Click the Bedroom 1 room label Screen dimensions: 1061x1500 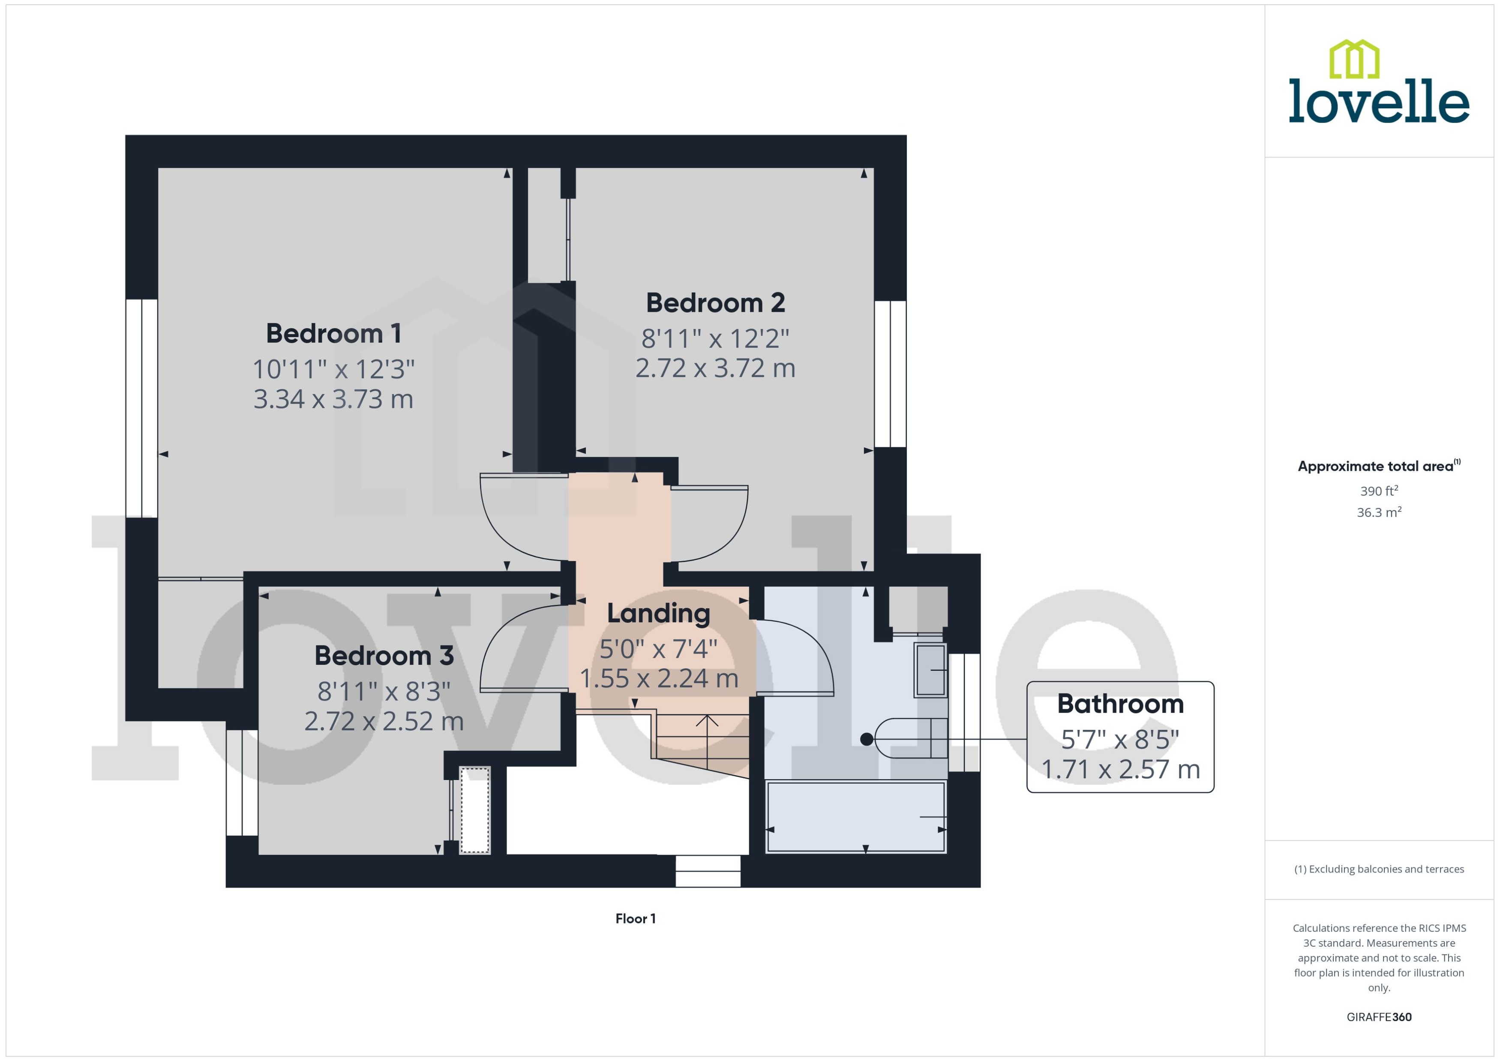pyautogui.click(x=333, y=334)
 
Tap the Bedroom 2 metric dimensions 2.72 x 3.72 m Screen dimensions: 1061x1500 pyautogui.click(x=715, y=368)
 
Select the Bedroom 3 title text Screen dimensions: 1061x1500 pyautogui.click(x=384, y=656)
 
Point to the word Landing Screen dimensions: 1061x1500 pyautogui.click(x=658, y=613)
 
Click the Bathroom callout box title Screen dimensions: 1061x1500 pyautogui.click(x=1120, y=704)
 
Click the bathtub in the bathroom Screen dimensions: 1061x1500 pyautogui.click(x=855, y=817)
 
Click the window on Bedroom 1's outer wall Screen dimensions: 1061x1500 pyautogui.click(x=141, y=408)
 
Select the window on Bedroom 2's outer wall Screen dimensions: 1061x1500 pyautogui.click(x=890, y=374)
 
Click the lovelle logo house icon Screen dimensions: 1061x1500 pyautogui.click(x=1353, y=60)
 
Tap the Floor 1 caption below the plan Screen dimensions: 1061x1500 pyautogui.click(x=635, y=918)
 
